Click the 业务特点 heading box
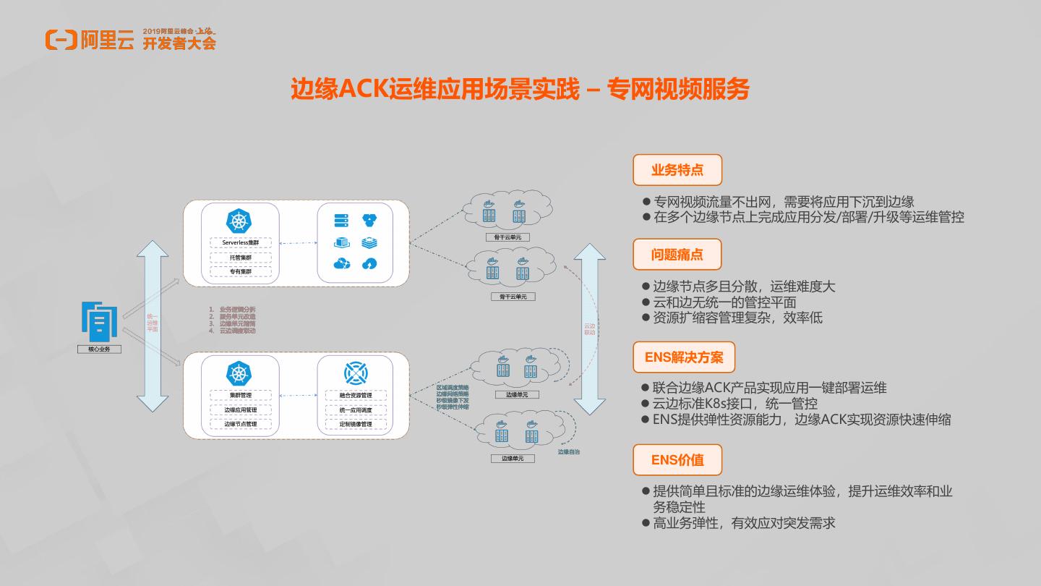677,171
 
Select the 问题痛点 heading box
677,255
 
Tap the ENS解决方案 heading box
684,357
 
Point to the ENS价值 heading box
677,460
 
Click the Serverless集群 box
241,243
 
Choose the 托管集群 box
241,258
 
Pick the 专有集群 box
241,272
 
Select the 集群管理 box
241,396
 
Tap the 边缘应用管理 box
241,410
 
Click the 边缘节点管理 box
241,424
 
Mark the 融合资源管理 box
356,396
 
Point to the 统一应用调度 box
356,410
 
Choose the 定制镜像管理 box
356,424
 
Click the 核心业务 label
99,349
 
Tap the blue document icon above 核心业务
99,320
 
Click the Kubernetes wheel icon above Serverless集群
240,221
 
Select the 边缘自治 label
568,452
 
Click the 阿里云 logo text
108,40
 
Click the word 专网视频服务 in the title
678,90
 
